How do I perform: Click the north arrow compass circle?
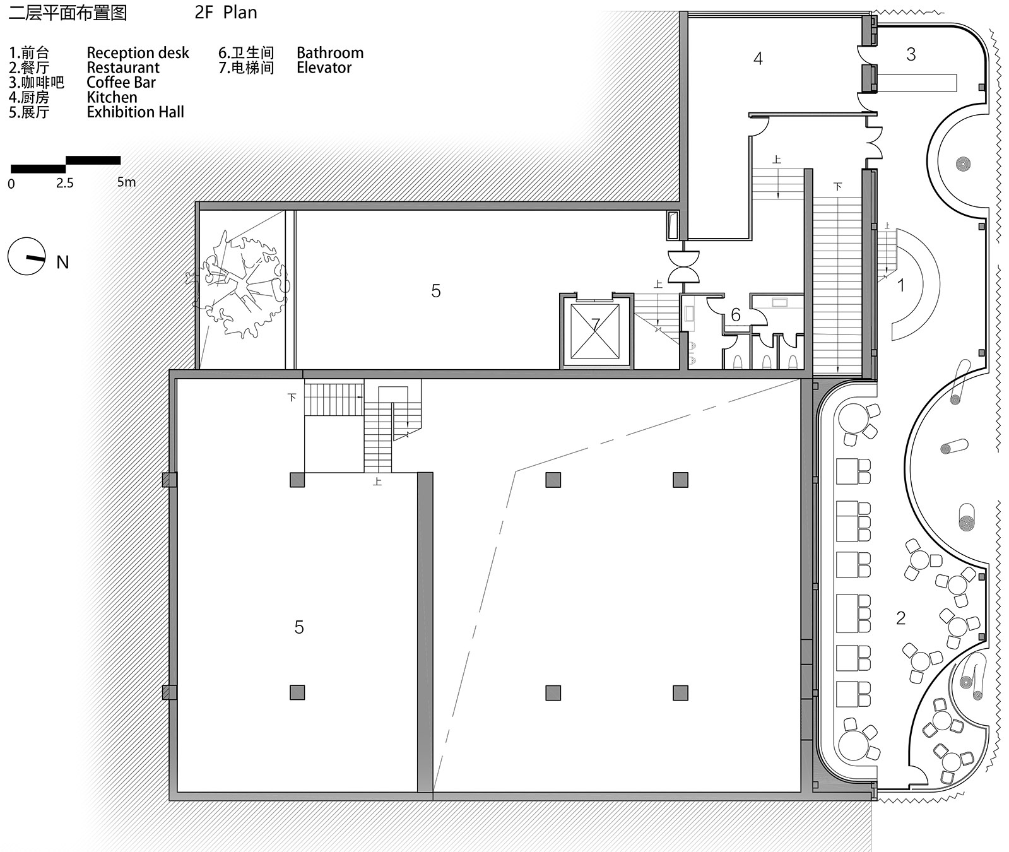pyautogui.click(x=27, y=256)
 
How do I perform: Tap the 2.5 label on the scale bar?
pyautogui.click(x=64, y=184)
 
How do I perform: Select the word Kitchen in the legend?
pyautogui.click(x=112, y=97)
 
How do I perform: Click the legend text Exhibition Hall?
pyautogui.click(x=135, y=112)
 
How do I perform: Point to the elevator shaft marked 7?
pyautogui.click(x=595, y=331)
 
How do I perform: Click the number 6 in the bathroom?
pyautogui.click(x=735, y=315)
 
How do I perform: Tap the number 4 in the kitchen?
pyautogui.click(x=758, y=59)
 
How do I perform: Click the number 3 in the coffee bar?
pyautogui.click(x=911, y=55)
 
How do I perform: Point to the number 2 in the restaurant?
pyautogui.click(x=900, y=618)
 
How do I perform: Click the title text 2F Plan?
pyautogui.click(x=226, y=13)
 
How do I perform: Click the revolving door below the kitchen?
pyautogui.click(x=683, y=266)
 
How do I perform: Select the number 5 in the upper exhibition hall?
pyautogui.click(x=435, y=291)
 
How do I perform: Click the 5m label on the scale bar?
pyautogui.click(x=126, y=182)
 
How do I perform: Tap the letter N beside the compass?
pyautogui.click(x=62, y=263)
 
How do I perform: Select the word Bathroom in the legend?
pyautogui.click(x=329, y=53)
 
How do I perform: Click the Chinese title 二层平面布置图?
pyautogui.click(x=68, y=13)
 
